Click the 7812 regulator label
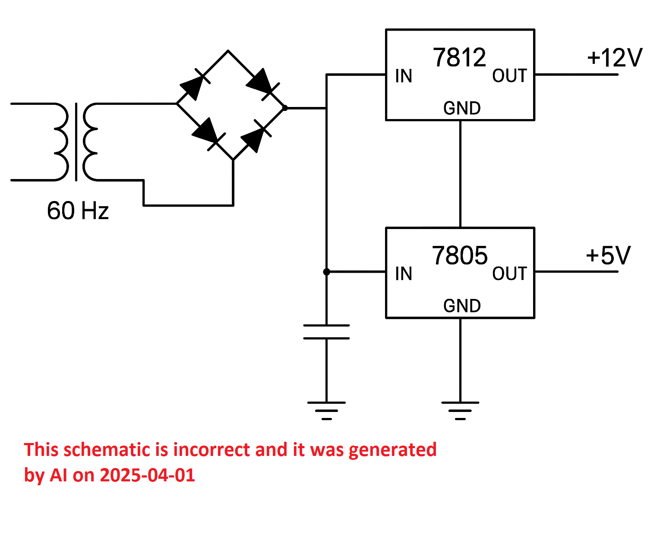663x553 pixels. click(459, 58)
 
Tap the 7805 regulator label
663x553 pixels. click(459, 255)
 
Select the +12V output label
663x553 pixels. click(614, 58)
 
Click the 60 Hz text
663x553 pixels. click(78, 211)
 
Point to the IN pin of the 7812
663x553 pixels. click(404, 76)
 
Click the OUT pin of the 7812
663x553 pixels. click(509, 76)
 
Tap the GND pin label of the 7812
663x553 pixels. click(462, 108)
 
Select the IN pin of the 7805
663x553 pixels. click(404, 273)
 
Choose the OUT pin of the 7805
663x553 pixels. click(509, 273)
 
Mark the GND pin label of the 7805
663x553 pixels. click(462, 306)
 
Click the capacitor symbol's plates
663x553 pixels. click(326, 332)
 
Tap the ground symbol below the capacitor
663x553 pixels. click(326, 411)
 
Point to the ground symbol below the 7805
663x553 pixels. click(460, 411)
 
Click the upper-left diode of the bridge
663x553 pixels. click(194, 85)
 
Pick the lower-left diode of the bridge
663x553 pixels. click(208, 134)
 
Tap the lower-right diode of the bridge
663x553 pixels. click(256, 136)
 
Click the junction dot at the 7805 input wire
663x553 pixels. click(326, 272)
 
